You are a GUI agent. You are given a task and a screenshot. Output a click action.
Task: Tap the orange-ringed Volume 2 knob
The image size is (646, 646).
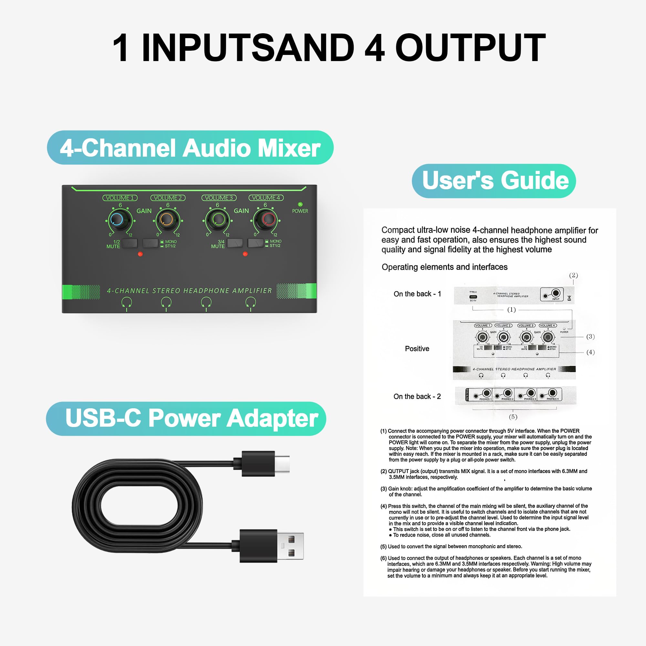pyautogui.click(x=166, y=220)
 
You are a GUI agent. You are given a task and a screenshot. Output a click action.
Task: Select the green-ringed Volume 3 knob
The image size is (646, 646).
pyautogui.click(x=218, y=220)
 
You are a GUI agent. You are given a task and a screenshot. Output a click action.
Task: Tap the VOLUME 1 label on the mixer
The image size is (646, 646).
pyautogui.click(x=120, y=198)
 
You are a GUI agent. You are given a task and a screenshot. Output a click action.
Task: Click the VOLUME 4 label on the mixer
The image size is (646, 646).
pyautogui.click(x=266, y=198)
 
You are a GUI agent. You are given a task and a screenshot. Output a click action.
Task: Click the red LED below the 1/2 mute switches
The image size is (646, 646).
pyautogui.click(x=140, y=254)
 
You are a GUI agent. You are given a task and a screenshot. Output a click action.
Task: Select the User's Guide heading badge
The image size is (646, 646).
pyautogui.click(x=494, y=181)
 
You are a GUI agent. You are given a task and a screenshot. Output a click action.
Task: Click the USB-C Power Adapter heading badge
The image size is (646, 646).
pyautogui.click(x=186, y=418)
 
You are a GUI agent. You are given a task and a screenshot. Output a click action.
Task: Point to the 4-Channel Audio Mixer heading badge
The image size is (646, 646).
pyautogui.click(x=190, y=148)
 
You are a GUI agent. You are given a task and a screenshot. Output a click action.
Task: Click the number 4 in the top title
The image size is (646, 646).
pyautogui.click(x=374, y=48)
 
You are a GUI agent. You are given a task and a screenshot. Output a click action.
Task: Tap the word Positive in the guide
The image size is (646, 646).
pyautogui.click(x=417, y=349)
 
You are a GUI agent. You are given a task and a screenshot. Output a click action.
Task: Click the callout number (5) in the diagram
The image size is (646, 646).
pyautogui.click(x=513, y=417)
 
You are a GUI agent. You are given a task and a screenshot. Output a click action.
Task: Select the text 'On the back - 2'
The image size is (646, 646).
pyautogui.click(x=417, y=397)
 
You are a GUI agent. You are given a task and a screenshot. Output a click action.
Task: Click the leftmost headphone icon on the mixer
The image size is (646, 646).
pyautogui.click(x=126, y=303)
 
